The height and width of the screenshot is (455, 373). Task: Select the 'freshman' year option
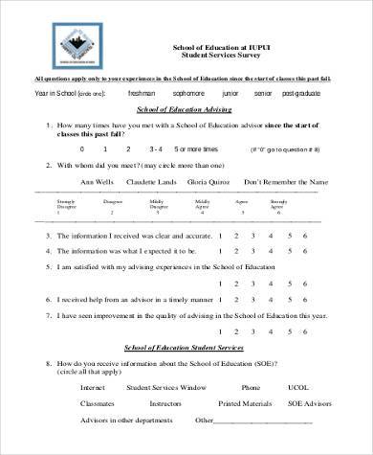(143, 94)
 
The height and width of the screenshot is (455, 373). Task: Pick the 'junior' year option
(230, 94)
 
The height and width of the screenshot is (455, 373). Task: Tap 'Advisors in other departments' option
(122, 420)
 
